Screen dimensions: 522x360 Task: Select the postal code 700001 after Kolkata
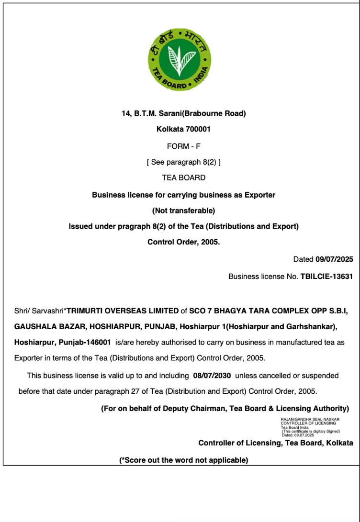(198, 129)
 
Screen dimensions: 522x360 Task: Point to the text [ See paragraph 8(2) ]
(183, 162)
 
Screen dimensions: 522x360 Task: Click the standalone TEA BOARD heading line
(183, 178)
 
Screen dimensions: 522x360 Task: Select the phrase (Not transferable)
(183, 211)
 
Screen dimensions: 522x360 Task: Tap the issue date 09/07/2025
(334, 260)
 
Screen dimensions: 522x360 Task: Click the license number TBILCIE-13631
(326, 276)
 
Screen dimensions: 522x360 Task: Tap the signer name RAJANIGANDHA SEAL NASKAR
(310, 419)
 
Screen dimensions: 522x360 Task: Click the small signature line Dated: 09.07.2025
(297, 435)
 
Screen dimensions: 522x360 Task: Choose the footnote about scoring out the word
(183, 460)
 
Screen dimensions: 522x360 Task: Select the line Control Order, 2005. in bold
(183, 242)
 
